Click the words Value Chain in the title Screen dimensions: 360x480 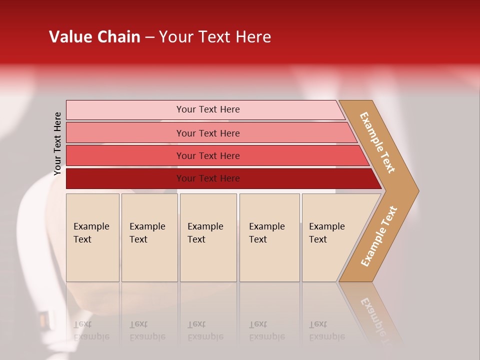point(94,37)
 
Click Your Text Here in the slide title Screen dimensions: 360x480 point(215,37)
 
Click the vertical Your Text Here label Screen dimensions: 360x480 point(57,144)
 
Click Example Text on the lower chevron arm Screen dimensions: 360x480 point(378,236)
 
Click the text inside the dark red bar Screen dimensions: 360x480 point(208,178)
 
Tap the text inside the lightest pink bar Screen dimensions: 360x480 point(208,109)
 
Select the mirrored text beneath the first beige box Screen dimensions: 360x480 point(91,330)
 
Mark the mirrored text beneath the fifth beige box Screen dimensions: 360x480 point(326,330)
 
